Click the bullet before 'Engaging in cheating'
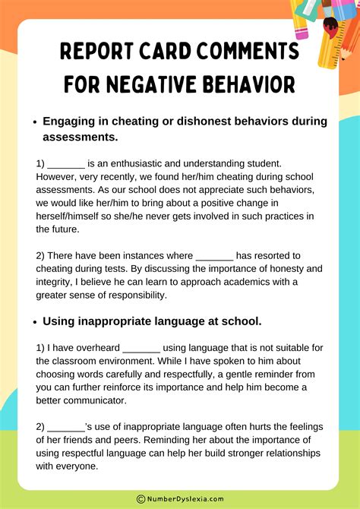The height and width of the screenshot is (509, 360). point(34,122)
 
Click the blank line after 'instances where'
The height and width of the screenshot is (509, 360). point(214,256)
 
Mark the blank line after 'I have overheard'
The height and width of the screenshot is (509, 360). point(141,347)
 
